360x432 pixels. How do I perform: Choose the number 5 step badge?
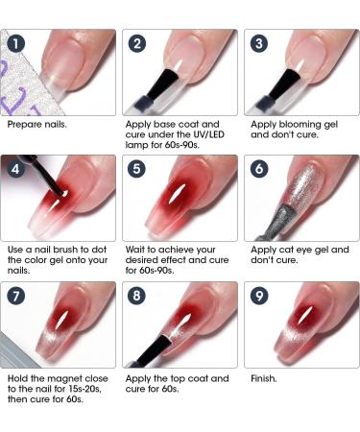point(138,171)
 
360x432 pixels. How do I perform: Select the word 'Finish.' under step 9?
point(264,379)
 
